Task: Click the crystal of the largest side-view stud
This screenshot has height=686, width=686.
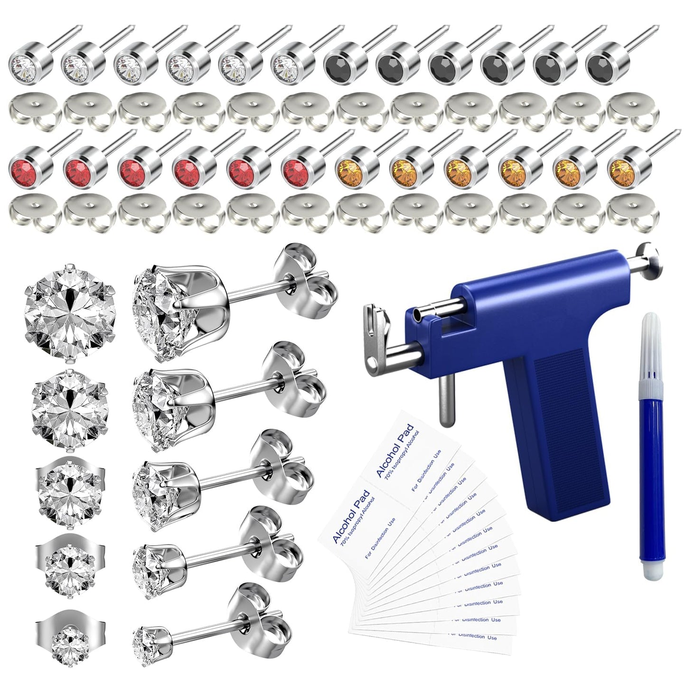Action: tap(159, 309)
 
